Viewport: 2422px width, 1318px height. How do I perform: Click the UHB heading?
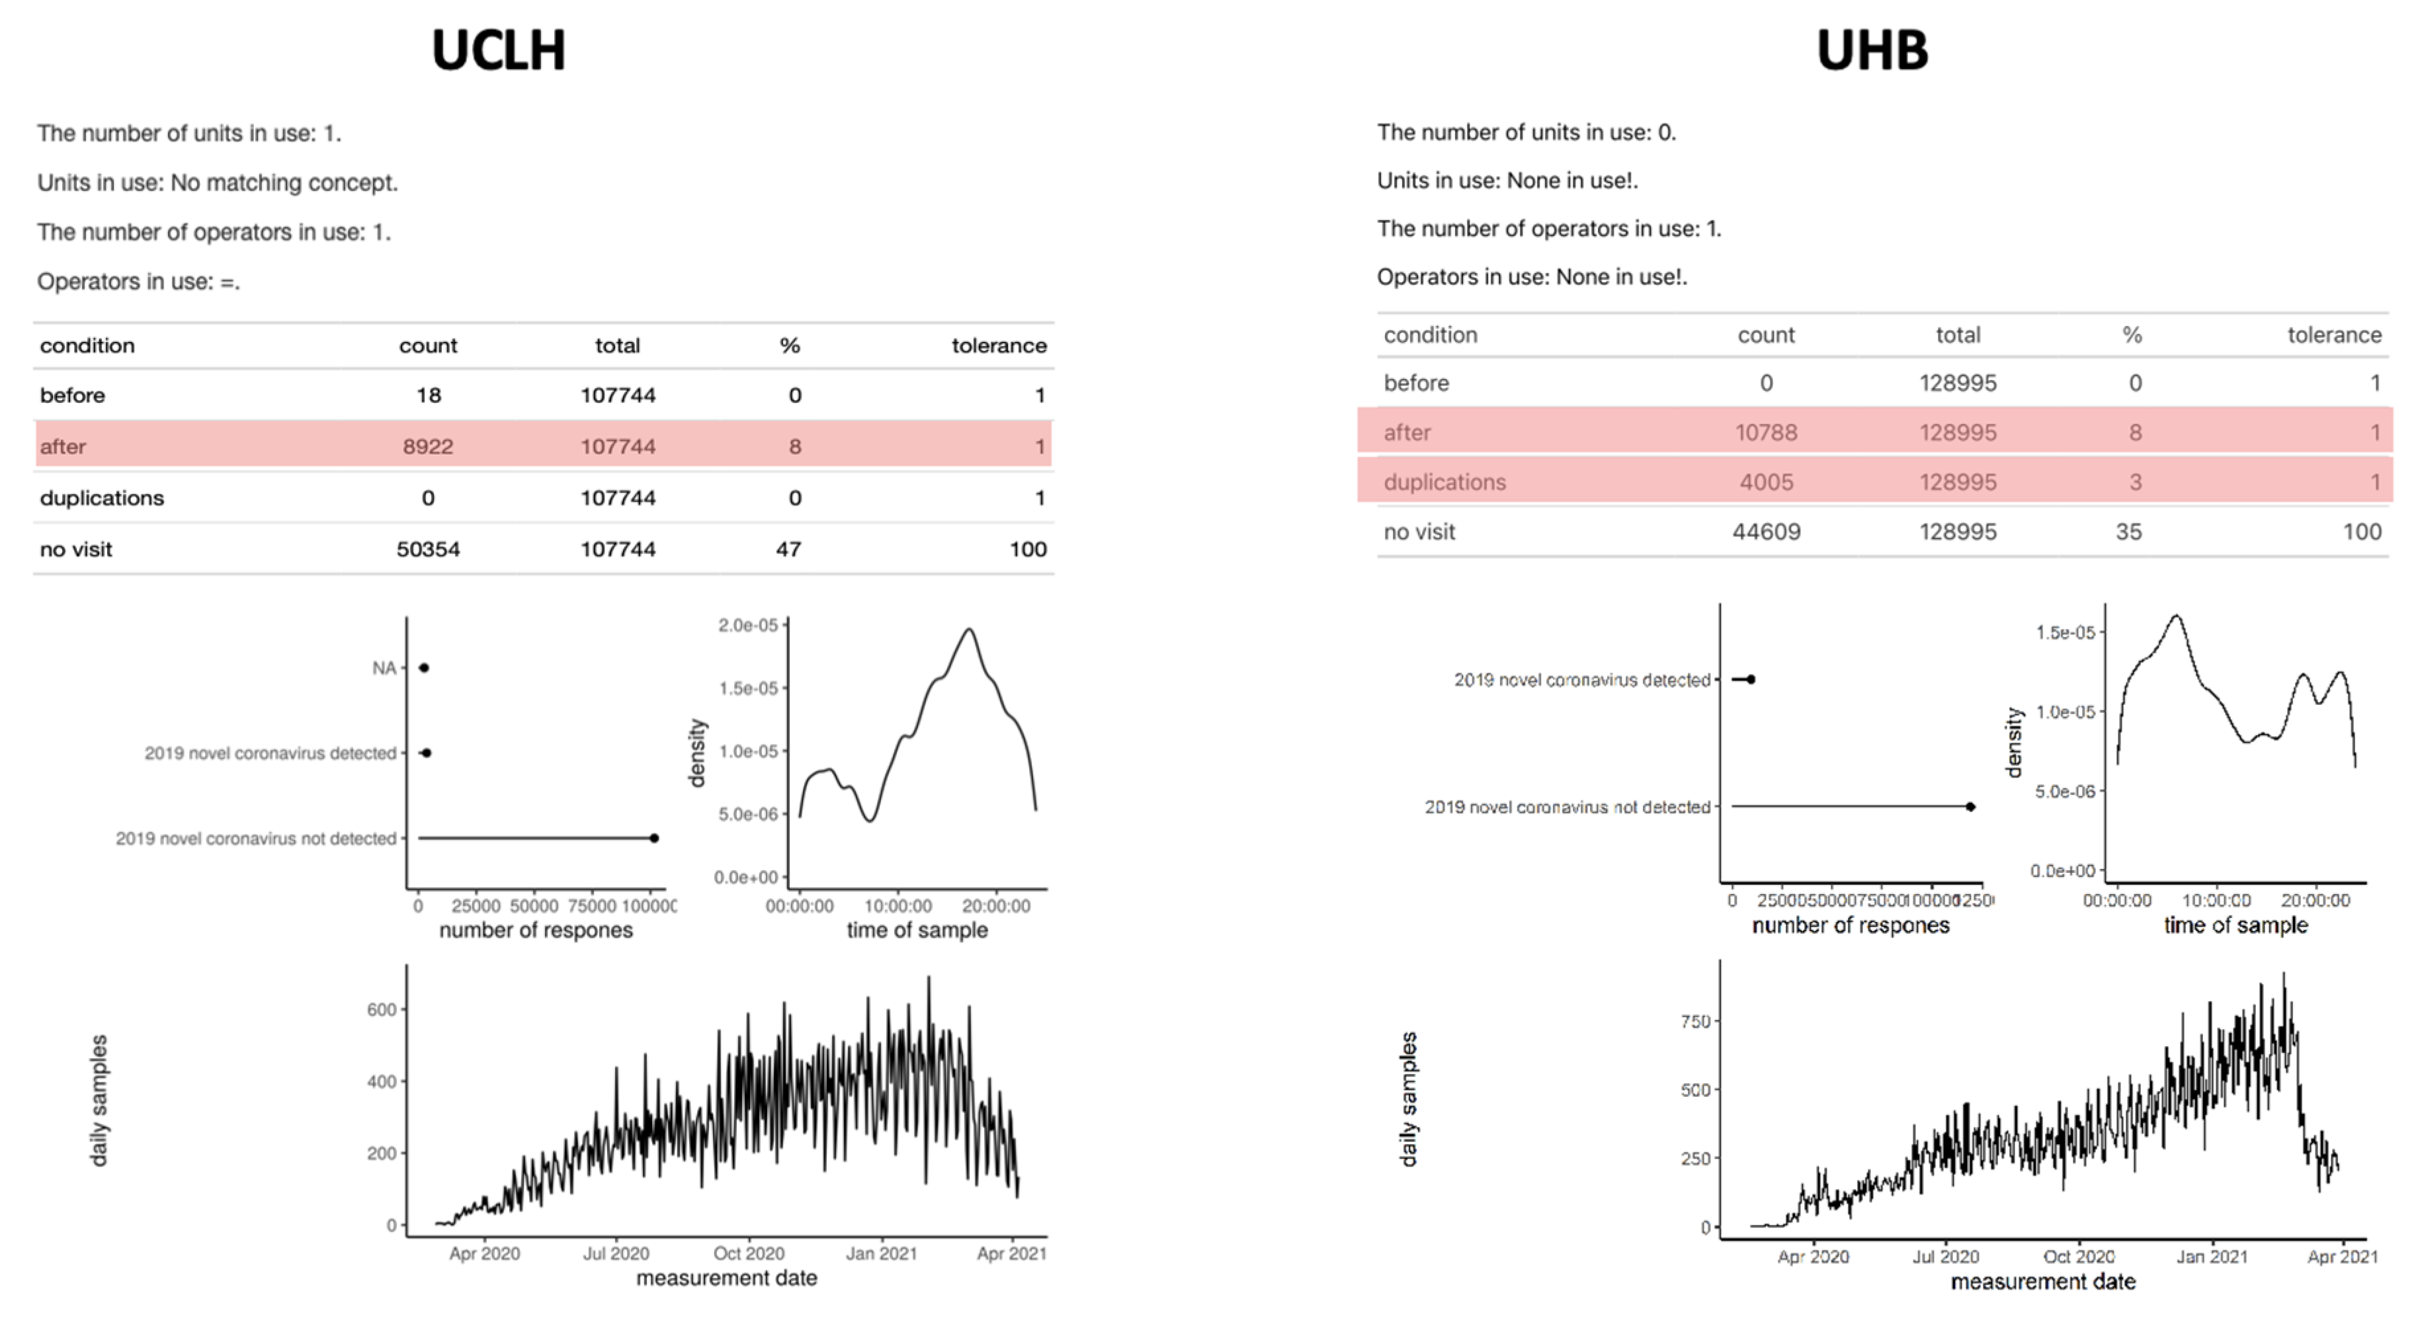tap(1871, 51)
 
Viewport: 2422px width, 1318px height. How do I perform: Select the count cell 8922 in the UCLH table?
tap(428, 446)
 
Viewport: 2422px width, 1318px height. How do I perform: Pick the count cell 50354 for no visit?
tap(428, 549)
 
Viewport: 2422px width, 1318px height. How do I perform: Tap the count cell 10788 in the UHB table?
tap(1766, 432)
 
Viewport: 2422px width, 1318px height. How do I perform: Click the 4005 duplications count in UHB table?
tap(1766, 482)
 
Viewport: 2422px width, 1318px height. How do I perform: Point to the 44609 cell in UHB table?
tap(1766, 532)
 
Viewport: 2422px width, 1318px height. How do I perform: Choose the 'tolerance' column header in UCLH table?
tap(999, 346)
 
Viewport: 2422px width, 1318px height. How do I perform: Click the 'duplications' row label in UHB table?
tap(1444, 482)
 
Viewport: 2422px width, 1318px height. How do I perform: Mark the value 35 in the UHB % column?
tap(2128, 532)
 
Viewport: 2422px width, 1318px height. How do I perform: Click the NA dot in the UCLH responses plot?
tap(424, 667)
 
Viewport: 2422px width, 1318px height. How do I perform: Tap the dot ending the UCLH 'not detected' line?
tap(654, 838)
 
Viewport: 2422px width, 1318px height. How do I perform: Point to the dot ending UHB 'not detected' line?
tap(1971, 807)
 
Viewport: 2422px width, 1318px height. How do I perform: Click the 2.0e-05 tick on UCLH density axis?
tap(749, 625)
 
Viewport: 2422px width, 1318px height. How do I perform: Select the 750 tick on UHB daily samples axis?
tap(1694, 1021)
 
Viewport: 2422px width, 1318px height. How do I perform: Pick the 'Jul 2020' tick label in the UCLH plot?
tap(616, 1253)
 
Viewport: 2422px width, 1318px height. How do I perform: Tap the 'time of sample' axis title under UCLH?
tap(917, 930)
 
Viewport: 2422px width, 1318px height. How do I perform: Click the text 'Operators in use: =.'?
tap(139, 282)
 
